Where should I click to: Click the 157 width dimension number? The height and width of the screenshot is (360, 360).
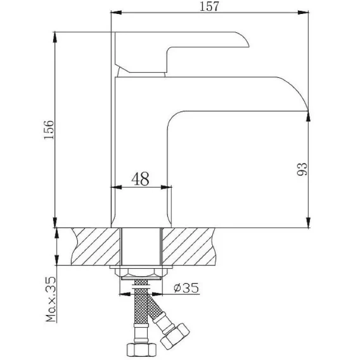[209, 6]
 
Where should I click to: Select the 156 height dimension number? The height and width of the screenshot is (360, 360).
[49, 130]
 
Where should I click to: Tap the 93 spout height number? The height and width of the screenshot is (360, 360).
[302, 169]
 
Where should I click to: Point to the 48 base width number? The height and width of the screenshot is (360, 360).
[140, 179]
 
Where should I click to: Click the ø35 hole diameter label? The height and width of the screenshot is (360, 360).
[186, 288]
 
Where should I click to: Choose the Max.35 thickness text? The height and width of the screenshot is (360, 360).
[51, 299]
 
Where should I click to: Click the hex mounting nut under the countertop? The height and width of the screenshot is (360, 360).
[141, 273]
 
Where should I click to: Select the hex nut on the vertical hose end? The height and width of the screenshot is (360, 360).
[142, 349]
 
